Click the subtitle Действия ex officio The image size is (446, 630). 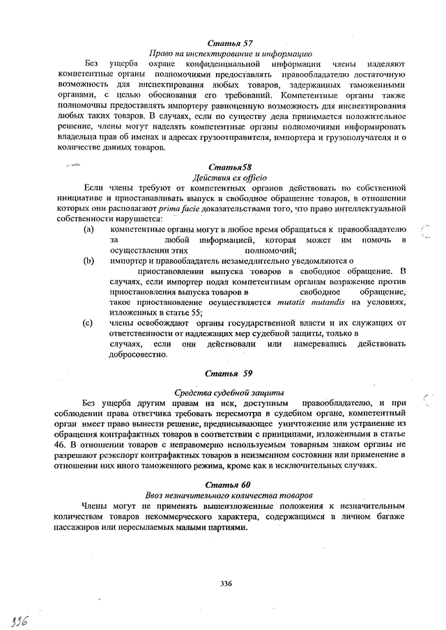224,178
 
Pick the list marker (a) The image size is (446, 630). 89,229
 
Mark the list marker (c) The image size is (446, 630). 89,322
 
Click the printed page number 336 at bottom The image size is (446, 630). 225,583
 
